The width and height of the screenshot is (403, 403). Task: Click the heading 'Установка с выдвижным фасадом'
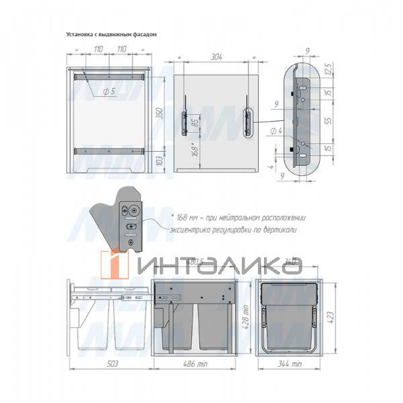click(x=111, y=33)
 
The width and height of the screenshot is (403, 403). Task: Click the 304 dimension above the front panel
click(x=216, y=58)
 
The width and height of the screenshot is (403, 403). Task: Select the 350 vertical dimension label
click(x=160, y=114)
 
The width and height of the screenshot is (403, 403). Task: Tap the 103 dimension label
click(x=160, y=161)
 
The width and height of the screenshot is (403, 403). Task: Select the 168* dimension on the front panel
click(x=194, y=149)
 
